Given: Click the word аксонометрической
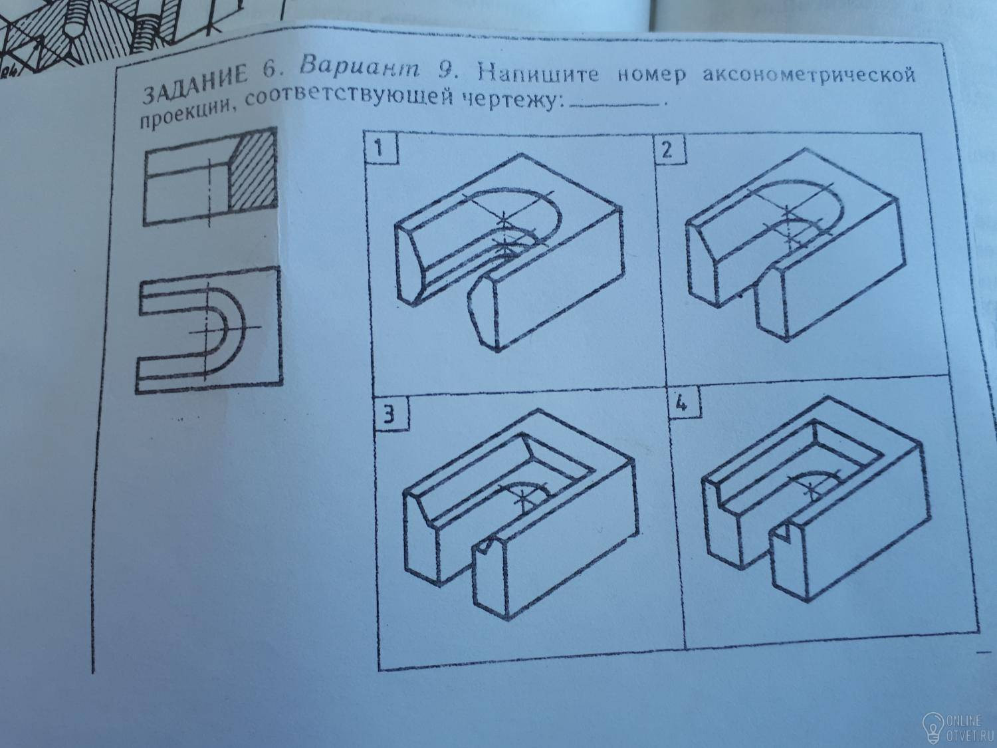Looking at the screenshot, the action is (x=808, y=76).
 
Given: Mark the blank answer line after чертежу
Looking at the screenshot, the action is (x=615, y=105).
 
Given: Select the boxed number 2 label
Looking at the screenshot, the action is (x=670, y=150).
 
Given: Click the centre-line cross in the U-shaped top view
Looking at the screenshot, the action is (x=207, y=330).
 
